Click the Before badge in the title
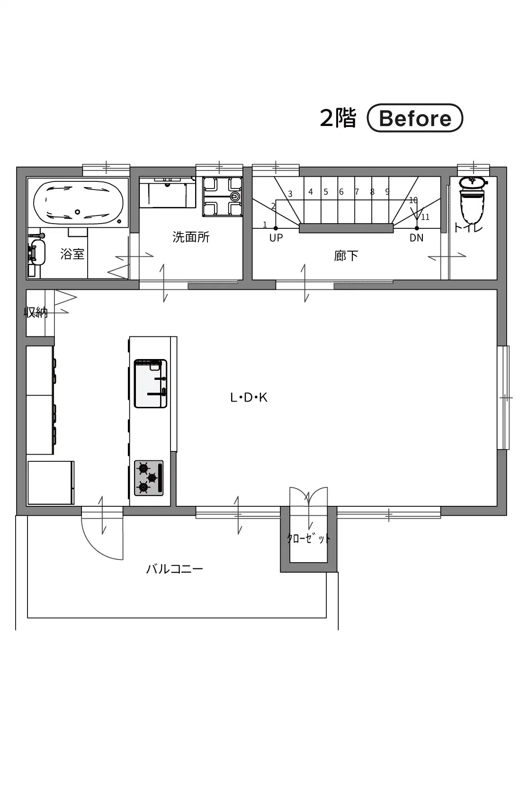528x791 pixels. [415, 118]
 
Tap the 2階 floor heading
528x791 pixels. [338, 118]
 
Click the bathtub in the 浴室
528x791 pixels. [78, 203]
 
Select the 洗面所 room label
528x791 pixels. [191, 237]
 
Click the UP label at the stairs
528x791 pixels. [276, 238]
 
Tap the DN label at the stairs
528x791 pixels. [416, 238]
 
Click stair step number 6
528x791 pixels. [341, 192]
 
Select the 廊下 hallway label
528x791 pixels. [346, 256]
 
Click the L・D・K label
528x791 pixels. [249, 397]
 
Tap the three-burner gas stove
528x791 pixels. [149, 478]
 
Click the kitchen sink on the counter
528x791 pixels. [151, 384]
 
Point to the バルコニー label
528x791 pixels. [175, 569]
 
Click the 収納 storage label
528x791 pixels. [36, 312]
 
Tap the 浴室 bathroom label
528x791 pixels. [72, 254]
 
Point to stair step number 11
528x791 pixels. [425, 217]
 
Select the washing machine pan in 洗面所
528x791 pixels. [223, 197]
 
